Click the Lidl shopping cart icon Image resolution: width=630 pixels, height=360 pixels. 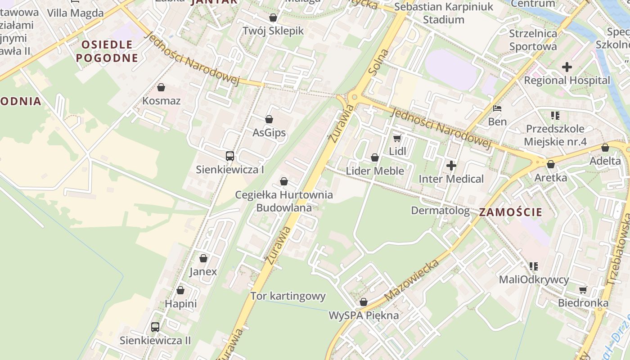pos(397,138)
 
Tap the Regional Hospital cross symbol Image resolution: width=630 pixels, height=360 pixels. pos(567,67)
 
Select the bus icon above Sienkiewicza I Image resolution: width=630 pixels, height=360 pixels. pos(230,156)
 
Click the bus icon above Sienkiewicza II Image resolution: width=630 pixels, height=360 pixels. pos(155,327)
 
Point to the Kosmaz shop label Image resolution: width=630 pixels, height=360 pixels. pos(161,101)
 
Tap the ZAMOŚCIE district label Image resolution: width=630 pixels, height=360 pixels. pos(511,212)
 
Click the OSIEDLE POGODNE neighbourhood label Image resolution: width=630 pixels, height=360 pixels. pos(107,51)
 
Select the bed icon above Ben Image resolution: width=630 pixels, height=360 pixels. pos(497,108)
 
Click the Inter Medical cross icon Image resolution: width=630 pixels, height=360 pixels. pos(451,166)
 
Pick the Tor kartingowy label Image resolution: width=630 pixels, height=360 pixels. pos(288,296)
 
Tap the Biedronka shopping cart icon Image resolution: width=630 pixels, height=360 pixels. pos(583,290)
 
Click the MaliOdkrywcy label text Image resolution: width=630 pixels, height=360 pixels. pos(534,279)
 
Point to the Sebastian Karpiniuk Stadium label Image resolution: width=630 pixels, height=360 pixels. pos(444,13)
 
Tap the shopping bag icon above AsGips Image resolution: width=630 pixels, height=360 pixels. pos(269,119)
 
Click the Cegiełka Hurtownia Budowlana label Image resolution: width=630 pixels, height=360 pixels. pos(284,201)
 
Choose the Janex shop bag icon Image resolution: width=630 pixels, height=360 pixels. pos(203,258)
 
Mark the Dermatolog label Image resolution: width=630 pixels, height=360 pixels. pos(440,211)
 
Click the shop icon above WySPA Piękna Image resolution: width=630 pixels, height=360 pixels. pos(364,302)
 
